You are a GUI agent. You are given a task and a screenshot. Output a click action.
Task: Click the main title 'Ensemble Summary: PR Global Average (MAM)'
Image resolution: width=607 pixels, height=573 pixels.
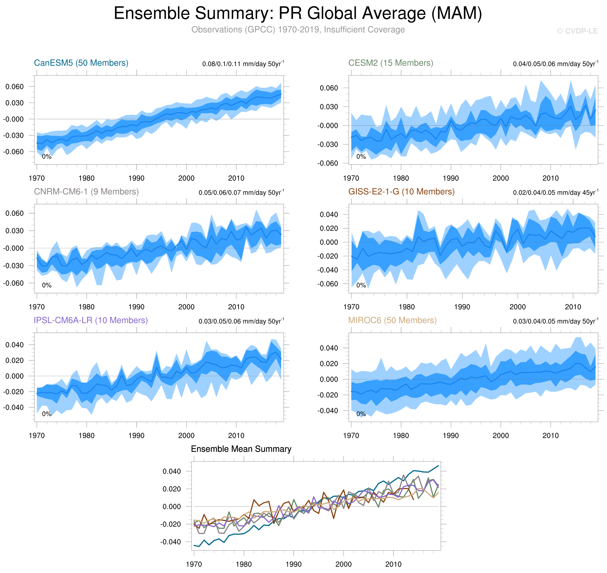click(x=298, y=13)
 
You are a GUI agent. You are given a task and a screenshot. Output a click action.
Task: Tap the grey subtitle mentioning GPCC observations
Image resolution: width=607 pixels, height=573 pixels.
click(x=298, y=30)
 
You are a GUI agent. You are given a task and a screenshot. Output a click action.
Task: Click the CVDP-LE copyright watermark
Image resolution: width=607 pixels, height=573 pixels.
click(x=577, y=31)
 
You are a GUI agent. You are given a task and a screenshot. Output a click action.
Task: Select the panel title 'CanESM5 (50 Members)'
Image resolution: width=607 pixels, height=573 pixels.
click(x=81, y=63)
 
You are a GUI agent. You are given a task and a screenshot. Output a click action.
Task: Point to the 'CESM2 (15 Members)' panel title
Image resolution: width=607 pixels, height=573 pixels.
click(x=391, y=63)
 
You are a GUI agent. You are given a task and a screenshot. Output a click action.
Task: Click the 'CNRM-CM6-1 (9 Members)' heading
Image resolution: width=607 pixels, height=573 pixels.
click(x=86, y=192)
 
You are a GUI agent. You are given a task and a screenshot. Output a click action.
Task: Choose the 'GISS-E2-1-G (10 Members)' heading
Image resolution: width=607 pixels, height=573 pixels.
click(x=401, y=192)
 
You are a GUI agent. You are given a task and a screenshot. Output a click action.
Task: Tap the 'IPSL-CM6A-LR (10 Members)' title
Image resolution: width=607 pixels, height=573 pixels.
click(x=91, y=320)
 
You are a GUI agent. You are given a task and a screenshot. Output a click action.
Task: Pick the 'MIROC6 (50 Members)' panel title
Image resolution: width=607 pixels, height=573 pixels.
click(x=392, y=320)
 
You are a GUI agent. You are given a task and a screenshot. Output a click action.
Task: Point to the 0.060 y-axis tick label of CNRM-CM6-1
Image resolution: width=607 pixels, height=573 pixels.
click(x=14, y=213)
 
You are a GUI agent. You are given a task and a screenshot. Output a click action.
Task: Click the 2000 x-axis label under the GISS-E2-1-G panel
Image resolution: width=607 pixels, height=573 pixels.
click(x=518, y=307)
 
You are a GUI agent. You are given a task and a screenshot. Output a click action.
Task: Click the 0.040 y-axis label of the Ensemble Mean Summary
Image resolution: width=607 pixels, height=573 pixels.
click(x=172, y=471)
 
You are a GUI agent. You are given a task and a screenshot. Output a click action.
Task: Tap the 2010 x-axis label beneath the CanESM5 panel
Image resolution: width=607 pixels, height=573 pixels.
click(x=236, y=178)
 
